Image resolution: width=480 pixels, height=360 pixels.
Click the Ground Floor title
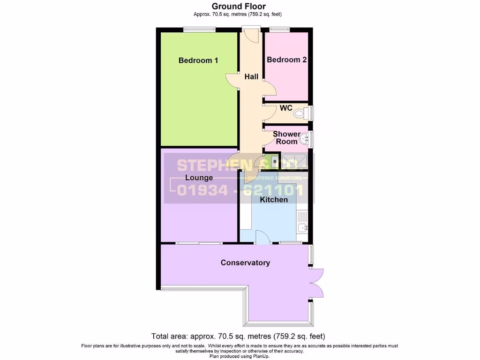click(239, 6)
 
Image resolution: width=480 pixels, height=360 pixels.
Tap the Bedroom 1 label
click(198, 60)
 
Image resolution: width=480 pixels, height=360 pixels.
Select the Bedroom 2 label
click(286, 60)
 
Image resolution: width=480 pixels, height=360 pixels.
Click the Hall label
click(251, 76)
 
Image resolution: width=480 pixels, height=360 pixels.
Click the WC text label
click(286, 108)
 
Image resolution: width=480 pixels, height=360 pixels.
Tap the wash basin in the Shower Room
click(305, 138)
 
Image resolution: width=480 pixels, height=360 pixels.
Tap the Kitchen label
click(274, 200)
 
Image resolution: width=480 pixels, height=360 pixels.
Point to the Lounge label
click(199, 178)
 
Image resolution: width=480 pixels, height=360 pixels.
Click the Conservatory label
click(245, 262)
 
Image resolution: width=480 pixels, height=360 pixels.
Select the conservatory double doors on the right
click(316, 283)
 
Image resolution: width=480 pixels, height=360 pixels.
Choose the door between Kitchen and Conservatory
click(262, 238)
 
